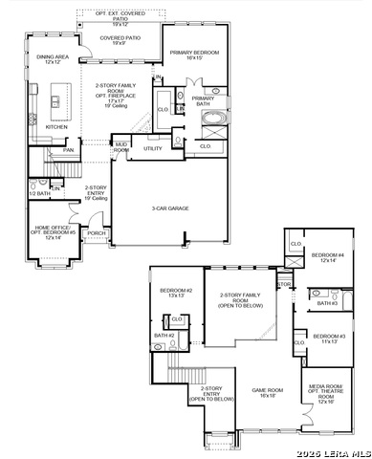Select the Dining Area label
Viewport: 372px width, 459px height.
[x=53, y=59]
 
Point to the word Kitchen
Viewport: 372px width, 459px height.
[x=57, y=126]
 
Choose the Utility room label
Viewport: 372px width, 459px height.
[x=153, y=148]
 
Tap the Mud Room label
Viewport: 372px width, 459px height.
[x=121, y=148]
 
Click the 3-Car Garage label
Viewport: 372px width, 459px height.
[x=169, y=208]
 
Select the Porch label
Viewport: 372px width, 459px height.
[x=96, y=232]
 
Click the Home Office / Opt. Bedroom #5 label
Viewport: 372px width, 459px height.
[x=55, y=232]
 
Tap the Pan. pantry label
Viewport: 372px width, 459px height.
[x=68, y=150]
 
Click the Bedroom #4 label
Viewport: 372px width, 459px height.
[x=328, y=257]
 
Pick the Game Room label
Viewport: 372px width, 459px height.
[x=268, y=392]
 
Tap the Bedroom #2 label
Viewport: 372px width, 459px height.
[x=176, y=293]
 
